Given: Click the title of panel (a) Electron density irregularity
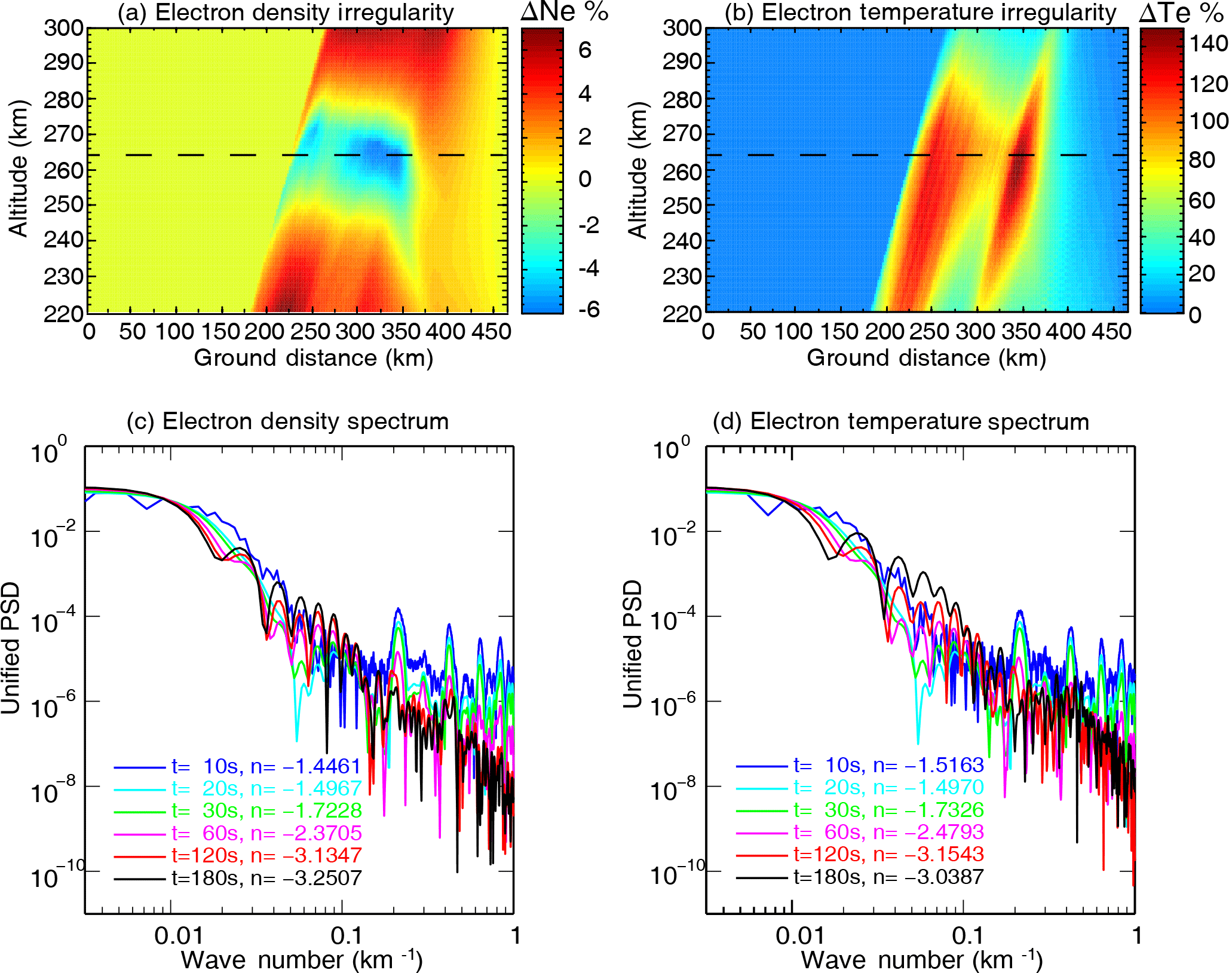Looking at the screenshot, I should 286,13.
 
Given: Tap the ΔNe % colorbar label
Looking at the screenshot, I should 564,11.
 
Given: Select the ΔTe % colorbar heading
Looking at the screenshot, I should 1182,13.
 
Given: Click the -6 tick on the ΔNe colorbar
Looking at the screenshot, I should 589,309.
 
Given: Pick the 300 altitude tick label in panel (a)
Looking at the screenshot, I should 63,27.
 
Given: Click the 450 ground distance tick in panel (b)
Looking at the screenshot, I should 1111,331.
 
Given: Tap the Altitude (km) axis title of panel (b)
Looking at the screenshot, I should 638,170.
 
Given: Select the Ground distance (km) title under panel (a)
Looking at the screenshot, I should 313,357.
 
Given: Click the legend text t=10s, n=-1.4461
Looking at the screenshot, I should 266,766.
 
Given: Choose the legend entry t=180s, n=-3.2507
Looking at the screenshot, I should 266,877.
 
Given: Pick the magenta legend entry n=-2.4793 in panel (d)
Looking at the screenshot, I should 888,832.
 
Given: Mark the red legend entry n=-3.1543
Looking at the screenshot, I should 888,854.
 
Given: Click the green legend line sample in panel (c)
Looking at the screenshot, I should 139,811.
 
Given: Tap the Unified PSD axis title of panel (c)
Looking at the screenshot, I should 11,648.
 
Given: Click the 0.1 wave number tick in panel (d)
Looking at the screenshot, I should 967,935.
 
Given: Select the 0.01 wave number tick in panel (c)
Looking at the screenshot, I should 179,935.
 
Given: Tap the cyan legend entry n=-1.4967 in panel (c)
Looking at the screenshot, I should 266,788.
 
